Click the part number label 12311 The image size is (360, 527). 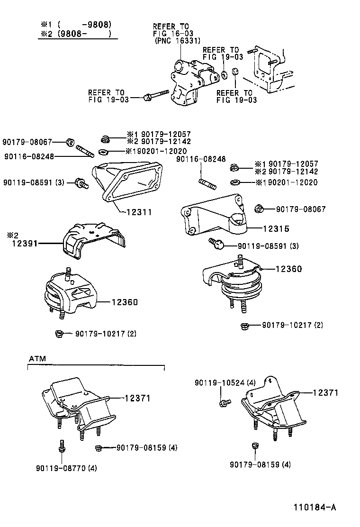pyautogui.click(x=139, y=212)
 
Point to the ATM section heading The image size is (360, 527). pyautogui.click(x=37, y=359)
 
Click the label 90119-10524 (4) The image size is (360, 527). pyautogui.click(x=225, y=382)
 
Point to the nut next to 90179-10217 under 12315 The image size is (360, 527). pyautogui.click(x=245, y=326)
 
